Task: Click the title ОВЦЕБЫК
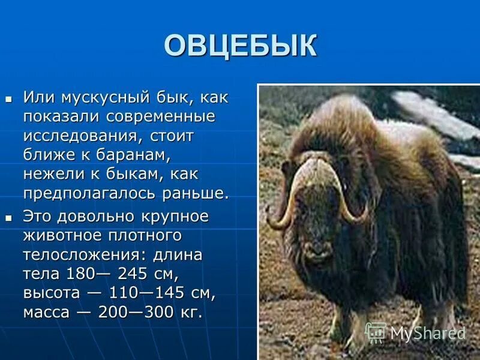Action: click(x=240, y=46)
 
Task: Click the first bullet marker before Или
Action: click(x=8, y=97)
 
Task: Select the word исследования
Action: click(x=82, y=136)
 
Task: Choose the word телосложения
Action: click(x=83, y=254)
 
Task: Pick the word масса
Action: click(x=49, y=313)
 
